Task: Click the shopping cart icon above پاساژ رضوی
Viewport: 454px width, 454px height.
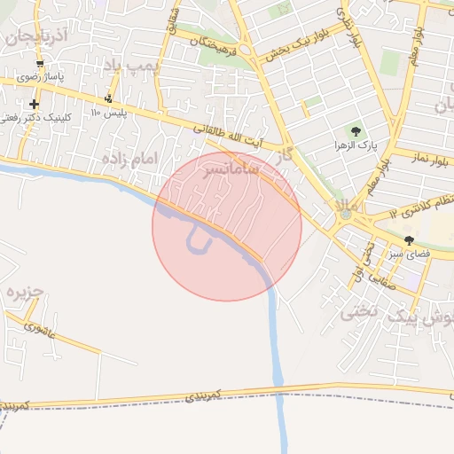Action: [x=41, y=64]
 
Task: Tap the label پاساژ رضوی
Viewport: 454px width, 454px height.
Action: [x=40, y=77]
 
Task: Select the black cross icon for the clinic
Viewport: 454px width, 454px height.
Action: [x=34, y=104]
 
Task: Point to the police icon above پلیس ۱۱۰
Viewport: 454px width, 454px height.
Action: [x=109, y=99]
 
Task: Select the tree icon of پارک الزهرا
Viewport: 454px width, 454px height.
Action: [x=359, y=131]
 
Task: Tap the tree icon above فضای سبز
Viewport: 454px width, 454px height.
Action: [x=409, y=240]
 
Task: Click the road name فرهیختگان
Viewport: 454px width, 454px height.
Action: [x=213, y=43]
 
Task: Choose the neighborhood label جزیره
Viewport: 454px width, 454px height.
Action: [x=24, y=293]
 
